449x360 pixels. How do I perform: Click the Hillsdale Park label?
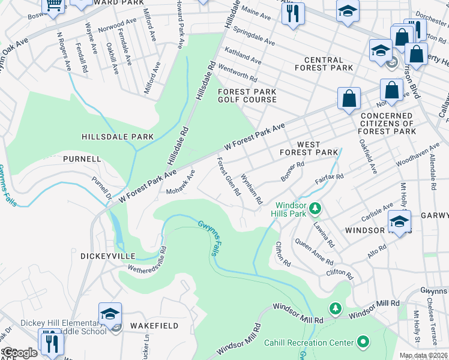point(118,137)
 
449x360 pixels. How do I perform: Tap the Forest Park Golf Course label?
point(247,96)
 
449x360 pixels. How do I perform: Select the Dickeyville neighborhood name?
point(105,256)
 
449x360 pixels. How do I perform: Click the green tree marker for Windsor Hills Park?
point(316,209)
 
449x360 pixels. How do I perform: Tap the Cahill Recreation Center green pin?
point(363,343)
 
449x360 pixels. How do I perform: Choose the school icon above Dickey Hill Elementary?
point(110,314)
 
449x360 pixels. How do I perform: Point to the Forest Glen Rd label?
point(229,177)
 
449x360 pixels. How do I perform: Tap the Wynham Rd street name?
point(251,190)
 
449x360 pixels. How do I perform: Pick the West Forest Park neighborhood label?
point(309,148)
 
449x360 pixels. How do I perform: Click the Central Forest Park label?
point(324,64)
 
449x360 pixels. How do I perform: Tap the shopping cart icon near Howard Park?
point(54,5)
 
